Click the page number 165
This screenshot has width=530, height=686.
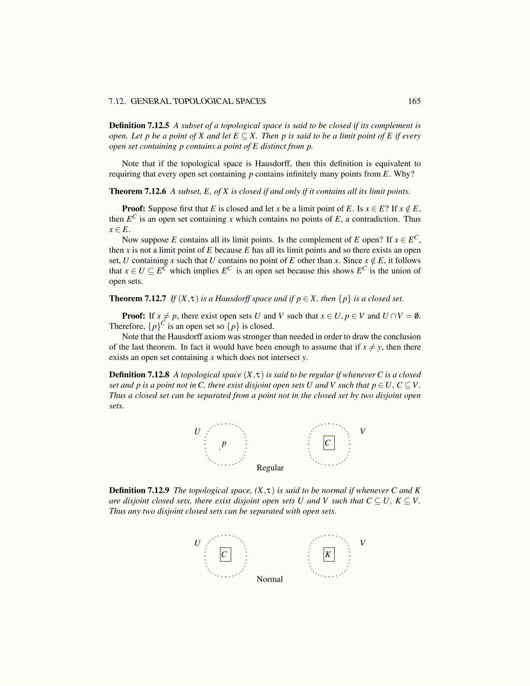pos(414,101)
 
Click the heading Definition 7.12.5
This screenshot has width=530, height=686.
pos(139,126)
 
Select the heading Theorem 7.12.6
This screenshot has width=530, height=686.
pos(138,191)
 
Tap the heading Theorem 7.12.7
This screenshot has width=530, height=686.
pos(138,299)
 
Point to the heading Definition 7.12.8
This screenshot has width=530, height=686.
pos(139,375)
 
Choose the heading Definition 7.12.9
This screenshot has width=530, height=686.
pos(139,491)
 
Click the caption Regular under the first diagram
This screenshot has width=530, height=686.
pos(270,468)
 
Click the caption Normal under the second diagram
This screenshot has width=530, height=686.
pos(269,579)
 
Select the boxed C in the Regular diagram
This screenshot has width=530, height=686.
pos(329,443)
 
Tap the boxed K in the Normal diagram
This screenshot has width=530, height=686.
pos(329,554)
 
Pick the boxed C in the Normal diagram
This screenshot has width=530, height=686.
pos(225,554)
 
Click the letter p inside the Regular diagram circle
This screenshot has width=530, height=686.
pos(224,443)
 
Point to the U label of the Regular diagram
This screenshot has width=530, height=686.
pos(197,431)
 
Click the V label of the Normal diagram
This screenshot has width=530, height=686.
pos(362,543)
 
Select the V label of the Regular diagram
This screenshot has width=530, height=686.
pos(362,431)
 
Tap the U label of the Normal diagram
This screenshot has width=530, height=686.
pos(197,543)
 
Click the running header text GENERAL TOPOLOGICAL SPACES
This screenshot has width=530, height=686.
pos(198,101)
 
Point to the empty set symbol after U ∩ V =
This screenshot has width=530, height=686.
pos(417,316)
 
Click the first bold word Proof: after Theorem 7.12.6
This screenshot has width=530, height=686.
pos(133,209)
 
